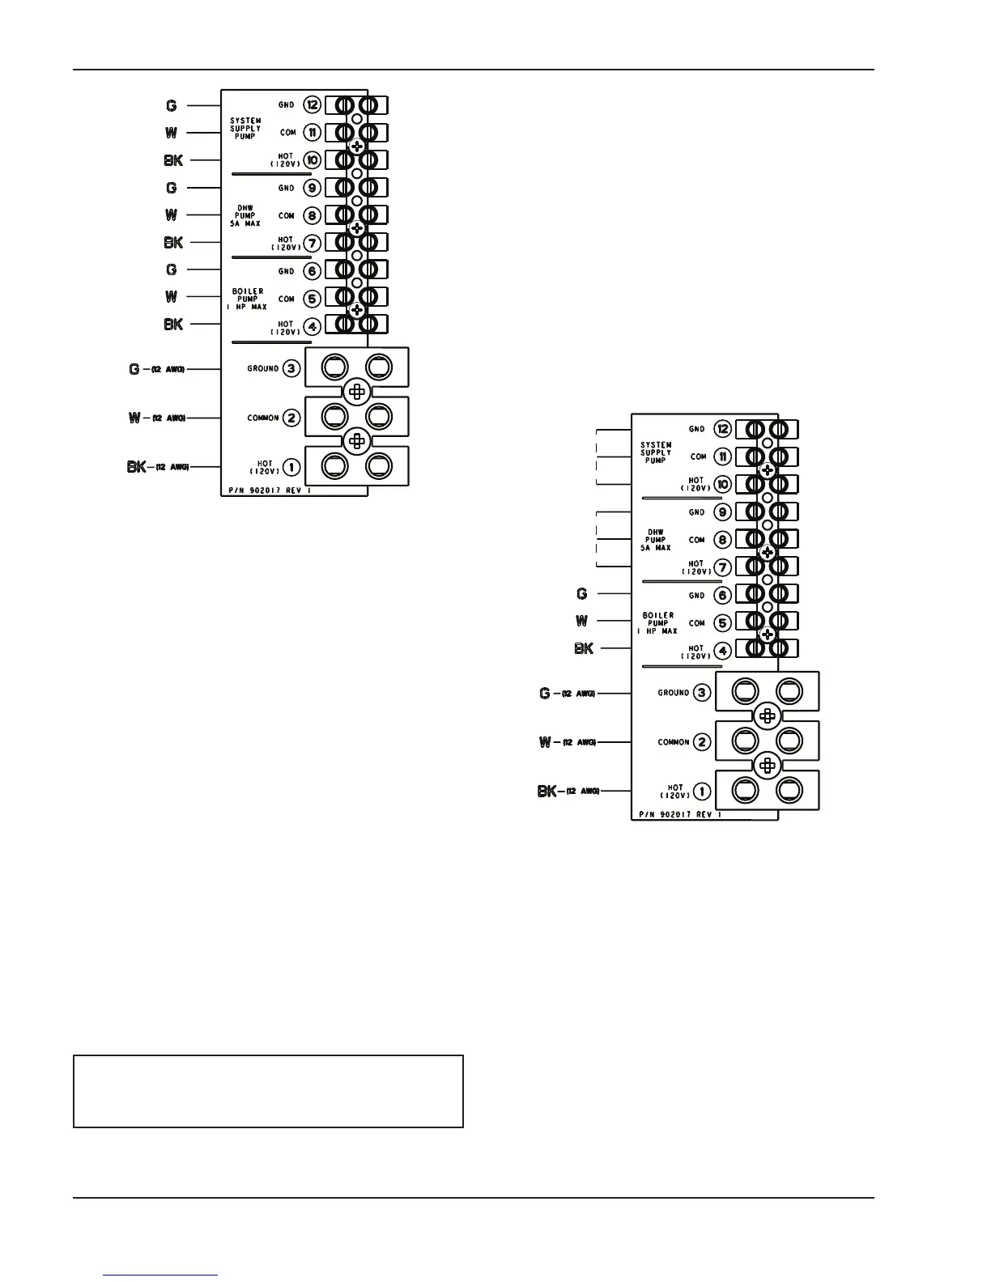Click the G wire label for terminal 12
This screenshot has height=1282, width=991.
(172, 105)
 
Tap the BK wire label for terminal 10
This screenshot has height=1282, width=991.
(173, 160)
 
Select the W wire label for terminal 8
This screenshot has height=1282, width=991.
(172, 215)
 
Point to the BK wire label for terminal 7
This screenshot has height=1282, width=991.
(173, 242)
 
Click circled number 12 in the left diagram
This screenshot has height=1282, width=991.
(313, 105)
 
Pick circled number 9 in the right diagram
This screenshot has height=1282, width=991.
(722, 512)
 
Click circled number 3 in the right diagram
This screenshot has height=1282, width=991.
(702, 693)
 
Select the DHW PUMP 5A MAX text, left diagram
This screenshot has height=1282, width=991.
(245, 215)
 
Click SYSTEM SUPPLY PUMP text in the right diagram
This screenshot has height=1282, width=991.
(656, 452)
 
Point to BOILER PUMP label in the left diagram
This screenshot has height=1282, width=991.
(245, 299)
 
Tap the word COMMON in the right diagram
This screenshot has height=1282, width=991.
(674, 742)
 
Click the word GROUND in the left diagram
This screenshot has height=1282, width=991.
(263, 368)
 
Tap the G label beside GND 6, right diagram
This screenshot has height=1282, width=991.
(581, 594)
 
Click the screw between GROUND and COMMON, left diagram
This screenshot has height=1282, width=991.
(355, 393)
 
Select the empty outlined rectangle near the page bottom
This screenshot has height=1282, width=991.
(268, 1091)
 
